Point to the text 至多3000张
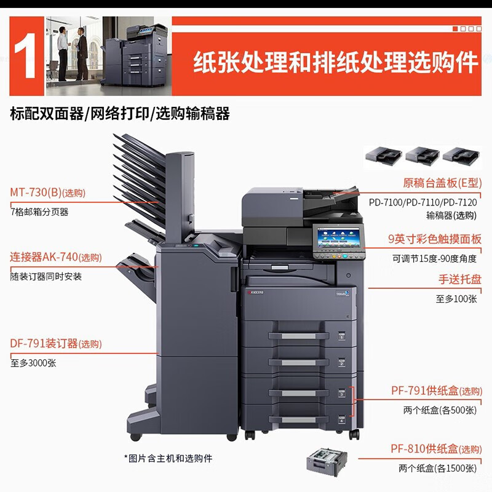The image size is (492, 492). pyautogui.click(x=33, y=363)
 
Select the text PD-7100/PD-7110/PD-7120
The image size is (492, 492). pyautogui.click(x=423, y=202)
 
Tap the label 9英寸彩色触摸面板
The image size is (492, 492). pyautogui.click(x=434, y=240)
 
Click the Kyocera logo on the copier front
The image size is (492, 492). pyautogui.click(x=255, y=293)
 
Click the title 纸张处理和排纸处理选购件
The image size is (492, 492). pyautogui.click(x=336, y=63)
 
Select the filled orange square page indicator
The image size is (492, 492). pyautogui.click(x=455, y=28)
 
